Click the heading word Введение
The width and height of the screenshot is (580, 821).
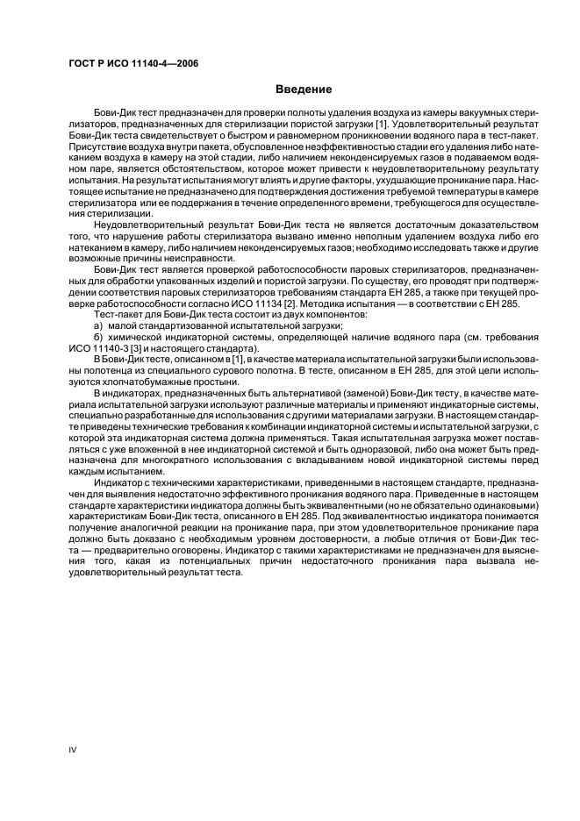pos(303,89)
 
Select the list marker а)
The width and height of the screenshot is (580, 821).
pos(99,325)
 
